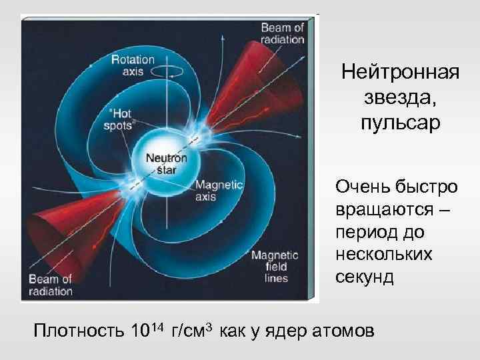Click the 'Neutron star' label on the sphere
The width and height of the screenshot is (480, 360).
pos(166,163)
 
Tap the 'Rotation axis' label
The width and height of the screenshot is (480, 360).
pos(133,65)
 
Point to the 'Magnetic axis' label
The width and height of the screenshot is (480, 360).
pos(219,191)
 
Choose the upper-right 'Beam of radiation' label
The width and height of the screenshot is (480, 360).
pos(282,33)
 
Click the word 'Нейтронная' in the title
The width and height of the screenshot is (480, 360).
pos(400,72)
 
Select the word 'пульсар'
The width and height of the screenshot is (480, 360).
pos(400,124)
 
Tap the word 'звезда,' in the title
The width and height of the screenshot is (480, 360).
pos(400,98)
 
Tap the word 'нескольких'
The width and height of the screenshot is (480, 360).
pos(384,255)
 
